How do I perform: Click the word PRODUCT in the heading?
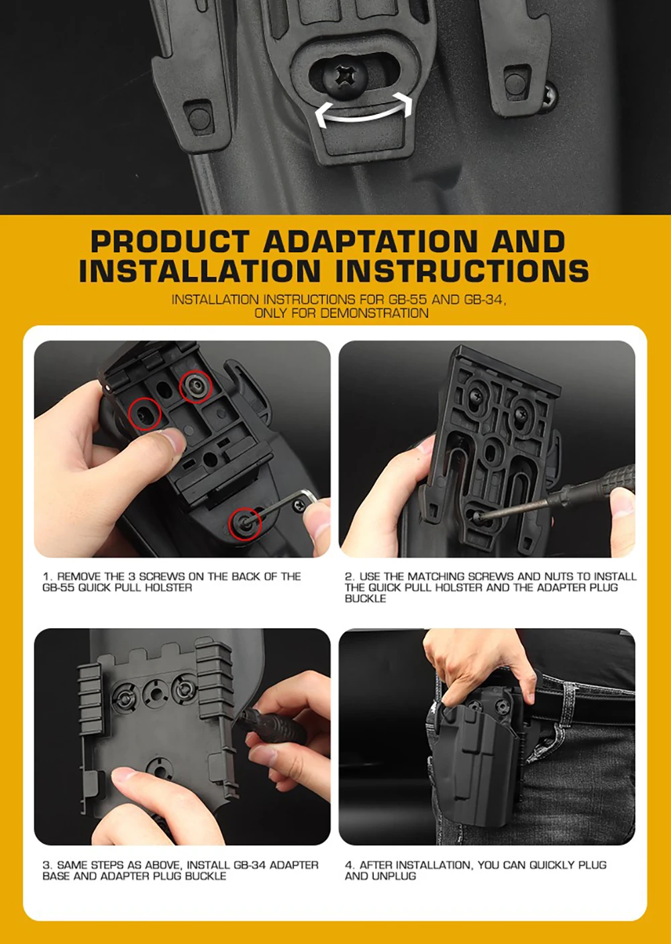click(170, 242)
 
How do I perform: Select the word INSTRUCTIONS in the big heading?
click(462, 271)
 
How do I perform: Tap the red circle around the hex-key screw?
click(245, 524)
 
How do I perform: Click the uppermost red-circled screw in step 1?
click(196, 386)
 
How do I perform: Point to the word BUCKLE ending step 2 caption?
click(365, 599)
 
